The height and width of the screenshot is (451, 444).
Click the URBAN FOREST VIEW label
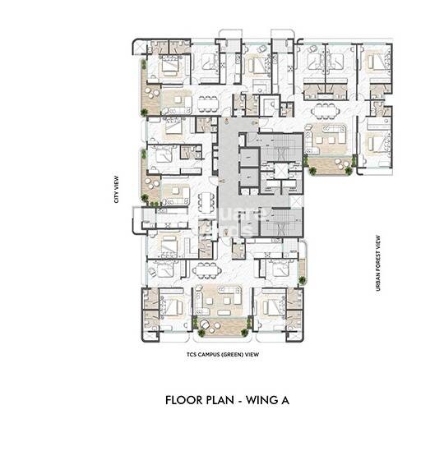(378, 255)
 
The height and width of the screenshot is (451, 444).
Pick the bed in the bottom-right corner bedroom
(273, 306)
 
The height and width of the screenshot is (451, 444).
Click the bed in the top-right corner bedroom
(377, 62)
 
